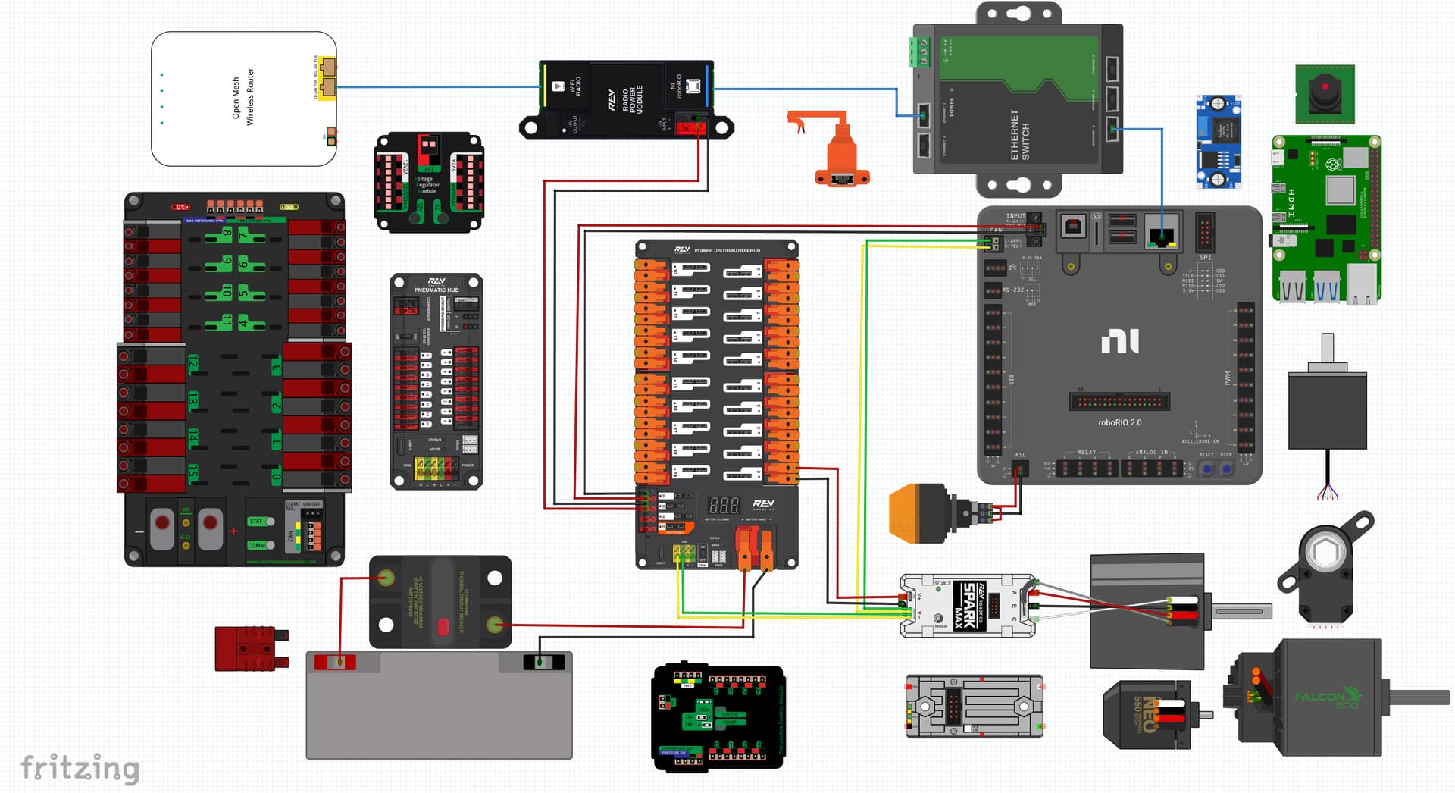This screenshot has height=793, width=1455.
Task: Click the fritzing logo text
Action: point(80,767)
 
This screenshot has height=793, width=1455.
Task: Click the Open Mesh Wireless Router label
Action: point(242,97)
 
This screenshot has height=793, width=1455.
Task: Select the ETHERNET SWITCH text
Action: point(1019,134)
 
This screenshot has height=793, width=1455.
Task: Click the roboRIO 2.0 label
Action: point(1119,422)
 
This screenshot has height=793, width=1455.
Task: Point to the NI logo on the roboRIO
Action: point(1119,341)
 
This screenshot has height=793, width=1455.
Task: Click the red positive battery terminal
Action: point(335,663)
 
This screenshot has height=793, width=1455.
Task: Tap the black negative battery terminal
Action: point(543,663)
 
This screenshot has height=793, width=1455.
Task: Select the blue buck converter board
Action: point(1218,142)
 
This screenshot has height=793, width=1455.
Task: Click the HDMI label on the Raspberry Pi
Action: point(1291,203)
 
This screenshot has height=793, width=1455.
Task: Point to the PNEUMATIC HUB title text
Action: point(436,290)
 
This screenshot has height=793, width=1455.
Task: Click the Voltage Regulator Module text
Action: point(427,185)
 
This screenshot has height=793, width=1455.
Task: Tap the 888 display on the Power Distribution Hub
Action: point(723,505)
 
